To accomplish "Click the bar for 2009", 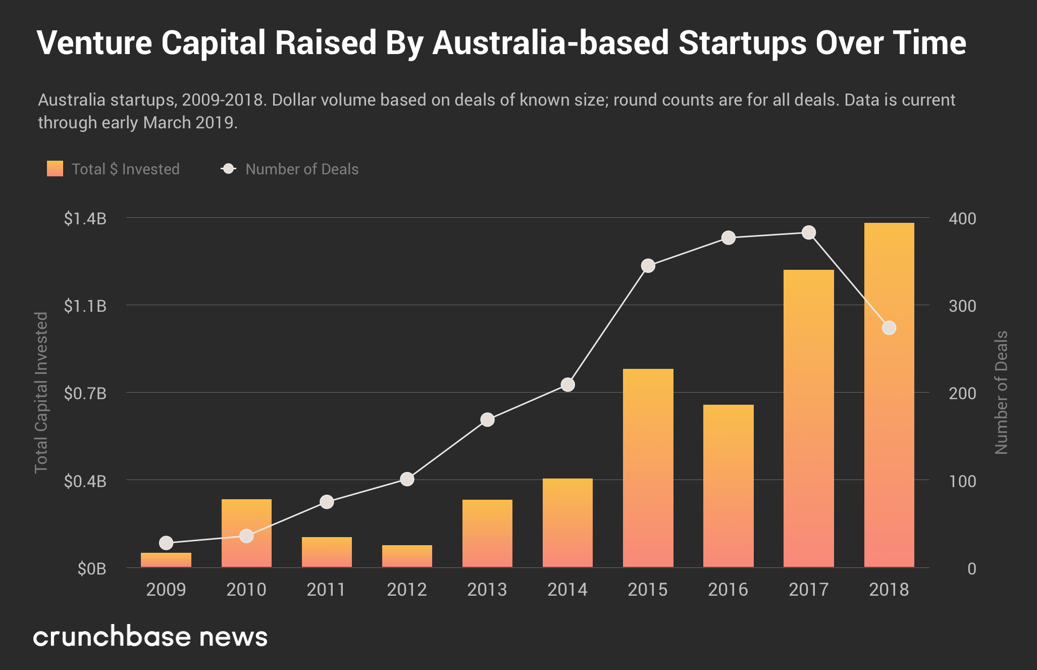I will click(166, 559).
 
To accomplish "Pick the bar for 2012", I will click(407, 556).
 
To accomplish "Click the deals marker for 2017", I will click(808, 232).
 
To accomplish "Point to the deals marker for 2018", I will click(889, 328).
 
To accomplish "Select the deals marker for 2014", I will click(567, 385).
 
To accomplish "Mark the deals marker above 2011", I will click(327, 502).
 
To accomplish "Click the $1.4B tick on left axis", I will click(85, 218).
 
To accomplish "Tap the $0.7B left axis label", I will click(85, 393).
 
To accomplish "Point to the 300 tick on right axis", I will click(962, 306).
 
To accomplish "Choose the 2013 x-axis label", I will click(487, 589).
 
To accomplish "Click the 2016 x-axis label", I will click(728, 589).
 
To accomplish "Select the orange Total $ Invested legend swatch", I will click(55, 169).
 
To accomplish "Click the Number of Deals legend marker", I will click(229, 169).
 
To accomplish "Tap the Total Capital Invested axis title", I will click(41, 392).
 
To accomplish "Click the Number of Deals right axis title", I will click(1001, 392).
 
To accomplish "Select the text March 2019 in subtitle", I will click(189, 123).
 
